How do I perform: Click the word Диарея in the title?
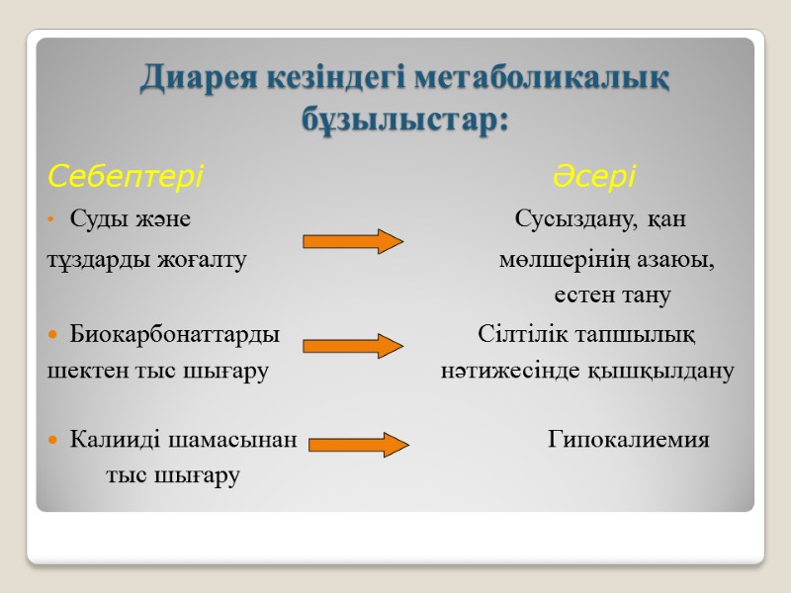[199, 78]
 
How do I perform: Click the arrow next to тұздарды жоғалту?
[352, 241]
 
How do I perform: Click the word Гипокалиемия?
[629, 440]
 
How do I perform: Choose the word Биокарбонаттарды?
[175, 335]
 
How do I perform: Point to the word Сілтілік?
[515, 335]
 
